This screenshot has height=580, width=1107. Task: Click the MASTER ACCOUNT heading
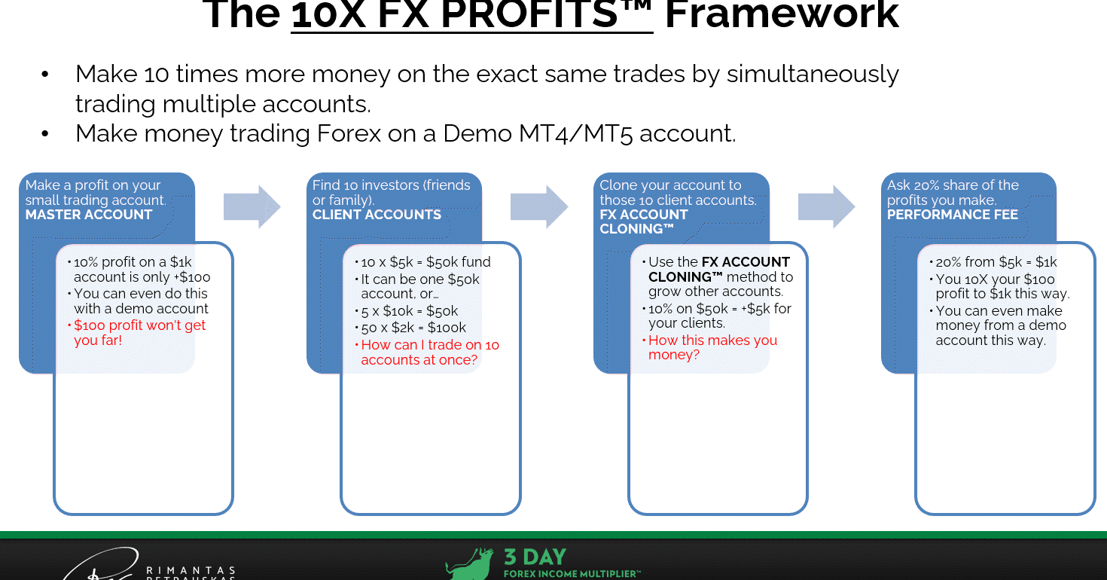pos(88,215)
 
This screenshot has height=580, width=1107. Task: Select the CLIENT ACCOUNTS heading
pos(377,215)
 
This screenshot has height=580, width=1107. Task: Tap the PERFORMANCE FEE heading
pos(953,215)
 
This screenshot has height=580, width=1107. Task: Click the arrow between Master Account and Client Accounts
pos(252,206)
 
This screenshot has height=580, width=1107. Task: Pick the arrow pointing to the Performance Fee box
pos(826,206)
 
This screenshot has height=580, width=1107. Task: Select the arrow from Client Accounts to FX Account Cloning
pos(539,206)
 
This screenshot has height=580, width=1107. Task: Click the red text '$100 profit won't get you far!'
pos(139,333)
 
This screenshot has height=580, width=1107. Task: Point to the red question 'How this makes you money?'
pos(712,347)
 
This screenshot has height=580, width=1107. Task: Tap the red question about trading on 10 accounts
pos(430,352)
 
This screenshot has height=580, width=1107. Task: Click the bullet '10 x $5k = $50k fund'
pos(425,262)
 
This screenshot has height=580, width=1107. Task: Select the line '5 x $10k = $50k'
pos(409,311)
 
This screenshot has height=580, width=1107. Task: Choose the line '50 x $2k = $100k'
pos(413,328)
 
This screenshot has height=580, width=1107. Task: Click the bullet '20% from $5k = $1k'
pos(996,262)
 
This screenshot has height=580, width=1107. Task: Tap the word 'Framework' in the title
pos(782,15)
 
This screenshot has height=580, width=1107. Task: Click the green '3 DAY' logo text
pos(535,557)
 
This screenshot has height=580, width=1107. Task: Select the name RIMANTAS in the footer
pos(191,571)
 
